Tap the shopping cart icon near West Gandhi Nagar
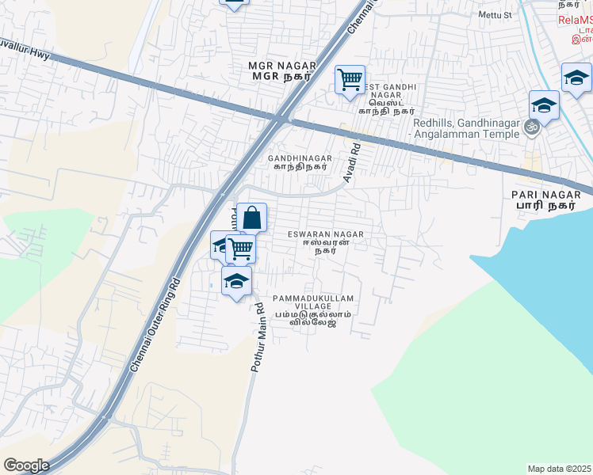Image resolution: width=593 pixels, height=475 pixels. pos(350,79)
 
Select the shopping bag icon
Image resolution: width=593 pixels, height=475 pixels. pos(251,217)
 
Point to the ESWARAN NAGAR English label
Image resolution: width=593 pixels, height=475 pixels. pos(325,234)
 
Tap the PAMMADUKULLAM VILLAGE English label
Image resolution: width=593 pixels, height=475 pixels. pos(312,298)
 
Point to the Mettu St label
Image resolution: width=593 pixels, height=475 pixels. pos(495,15)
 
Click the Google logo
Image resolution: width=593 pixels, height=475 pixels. pos(25,465)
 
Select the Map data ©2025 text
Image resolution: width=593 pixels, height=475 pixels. pos(560,469)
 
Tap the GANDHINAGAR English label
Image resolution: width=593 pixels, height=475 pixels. pos(300,158)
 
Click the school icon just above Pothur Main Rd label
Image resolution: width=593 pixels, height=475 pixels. pos(236,281)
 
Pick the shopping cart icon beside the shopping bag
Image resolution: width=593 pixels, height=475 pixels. pos(240,249)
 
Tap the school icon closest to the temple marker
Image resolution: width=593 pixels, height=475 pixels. pos(545,104)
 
